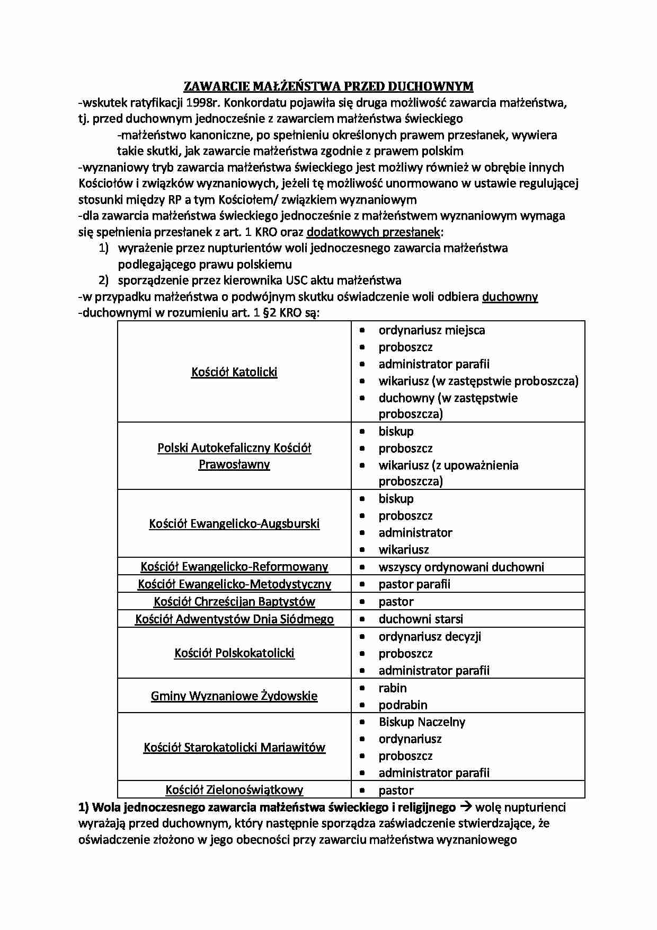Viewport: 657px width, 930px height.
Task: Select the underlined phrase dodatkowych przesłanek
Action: [373, 232]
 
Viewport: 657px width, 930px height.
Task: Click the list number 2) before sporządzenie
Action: [103, 280]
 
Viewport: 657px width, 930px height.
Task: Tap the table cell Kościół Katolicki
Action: [234, 372]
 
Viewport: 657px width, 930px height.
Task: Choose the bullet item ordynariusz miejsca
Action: [431, 330]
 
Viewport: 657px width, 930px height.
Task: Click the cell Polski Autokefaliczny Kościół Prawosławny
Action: [234, 456]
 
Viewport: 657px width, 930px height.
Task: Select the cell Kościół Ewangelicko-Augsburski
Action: [234, 523]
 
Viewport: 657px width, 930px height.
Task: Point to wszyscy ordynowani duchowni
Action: [461, 567]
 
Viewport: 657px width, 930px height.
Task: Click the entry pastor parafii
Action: [414, 584]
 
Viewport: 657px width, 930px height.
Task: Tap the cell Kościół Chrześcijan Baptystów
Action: [234, 602]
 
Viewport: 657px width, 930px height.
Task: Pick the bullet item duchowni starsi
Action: [421, 619]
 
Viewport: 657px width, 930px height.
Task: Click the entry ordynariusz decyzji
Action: [430, 636]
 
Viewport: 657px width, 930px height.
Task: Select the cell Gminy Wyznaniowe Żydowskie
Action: [234, 696]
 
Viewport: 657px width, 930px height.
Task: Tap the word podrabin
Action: [403, 705]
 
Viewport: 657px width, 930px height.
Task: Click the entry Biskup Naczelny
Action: [422, 722]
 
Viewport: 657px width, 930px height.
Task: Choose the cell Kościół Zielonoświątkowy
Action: [234, 790]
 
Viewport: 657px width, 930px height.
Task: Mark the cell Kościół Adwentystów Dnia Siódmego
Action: [234, 619]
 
